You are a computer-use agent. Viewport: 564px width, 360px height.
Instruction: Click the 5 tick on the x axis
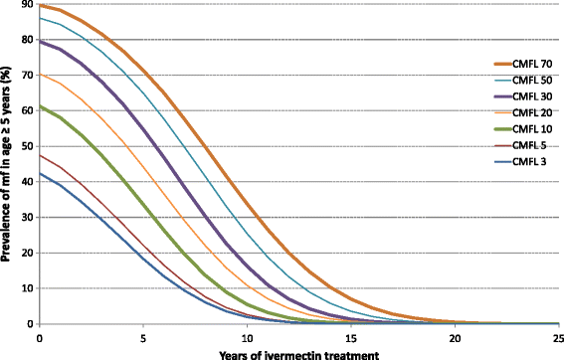click(143, 336)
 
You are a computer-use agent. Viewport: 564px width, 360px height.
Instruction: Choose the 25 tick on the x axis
click(557, 336)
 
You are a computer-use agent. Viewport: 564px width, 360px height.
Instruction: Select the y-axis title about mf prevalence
click(8, 165)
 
